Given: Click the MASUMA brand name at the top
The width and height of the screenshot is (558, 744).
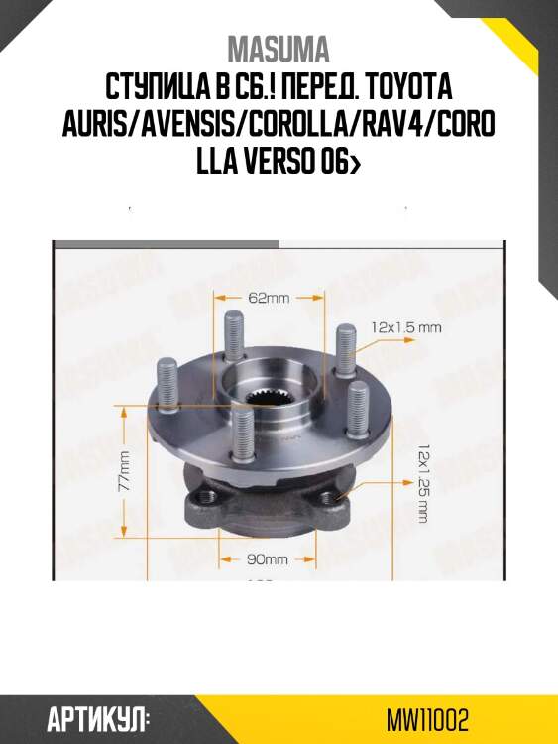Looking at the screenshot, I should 279,49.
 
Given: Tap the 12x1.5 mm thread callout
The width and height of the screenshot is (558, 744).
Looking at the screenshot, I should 405,325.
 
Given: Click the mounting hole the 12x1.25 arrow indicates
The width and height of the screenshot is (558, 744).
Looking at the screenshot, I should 329,497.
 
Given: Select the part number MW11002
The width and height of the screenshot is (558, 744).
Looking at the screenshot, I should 428,717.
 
